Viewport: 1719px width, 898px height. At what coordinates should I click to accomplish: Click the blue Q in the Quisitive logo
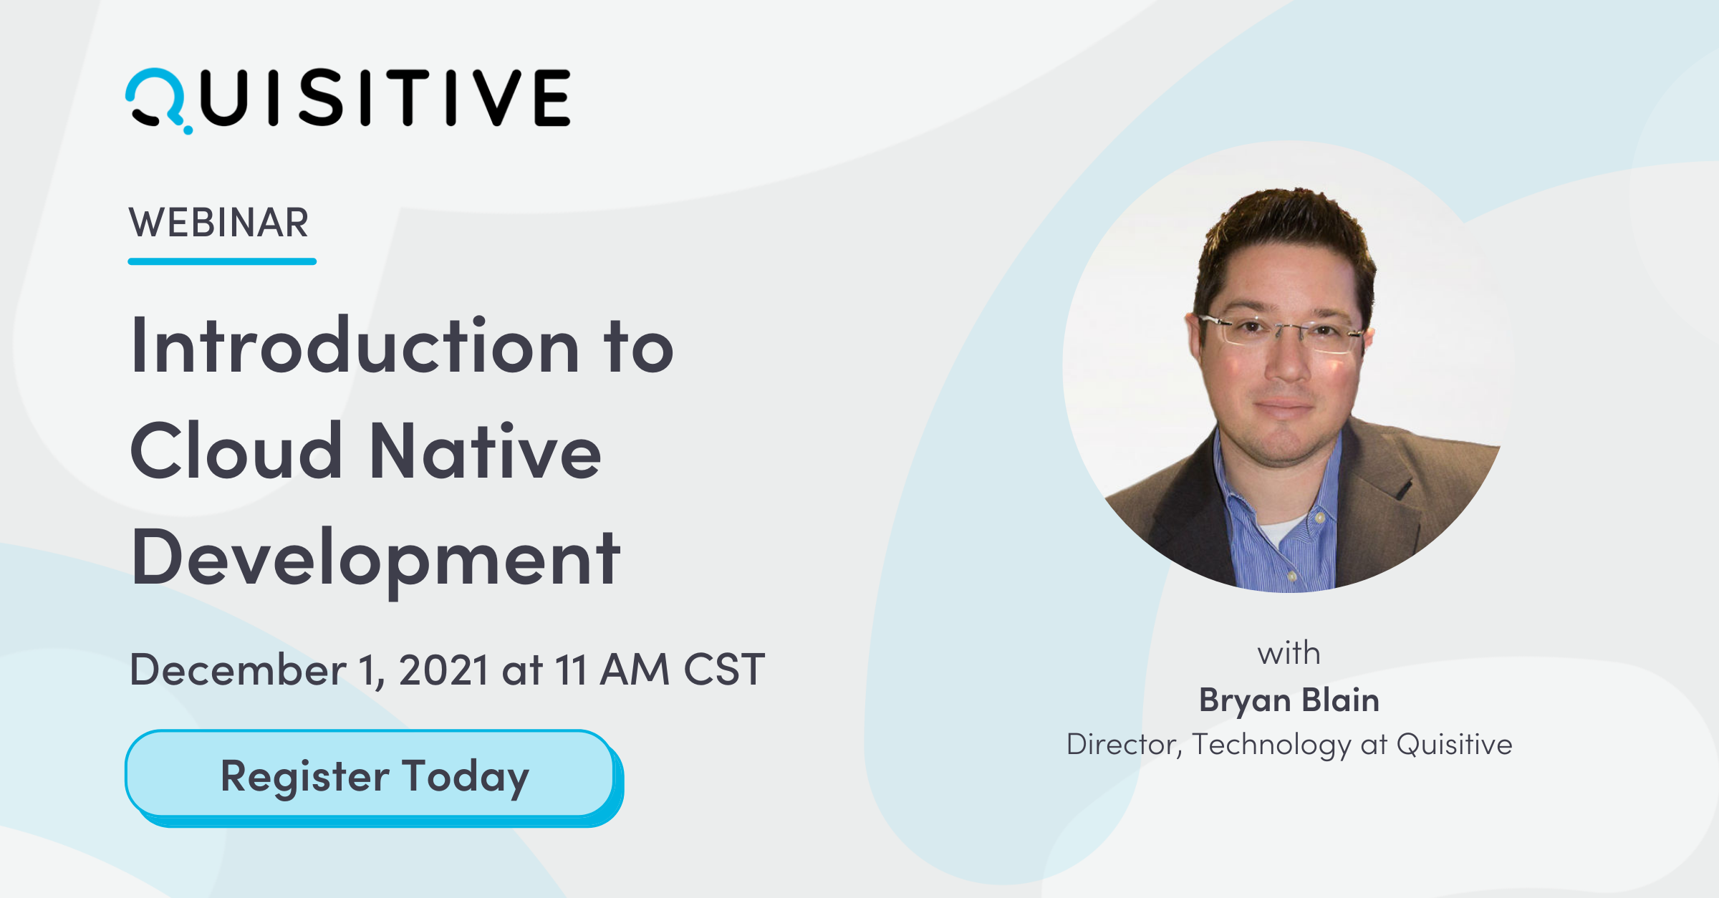tap(156, 99)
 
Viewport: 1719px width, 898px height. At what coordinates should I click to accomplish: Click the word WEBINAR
tap(218, 223)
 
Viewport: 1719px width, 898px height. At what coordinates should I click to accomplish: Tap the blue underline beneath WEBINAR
tap(222, 262)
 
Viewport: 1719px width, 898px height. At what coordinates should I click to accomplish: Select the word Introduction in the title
tap(355, 347)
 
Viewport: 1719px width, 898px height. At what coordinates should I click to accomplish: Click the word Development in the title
tap(375, 559)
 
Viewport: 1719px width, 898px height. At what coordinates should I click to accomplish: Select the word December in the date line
tap(238, 670)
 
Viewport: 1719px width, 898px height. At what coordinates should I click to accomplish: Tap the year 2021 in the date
tap(443, 670)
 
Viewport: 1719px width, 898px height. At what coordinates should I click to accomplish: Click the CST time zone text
tap(724, 670)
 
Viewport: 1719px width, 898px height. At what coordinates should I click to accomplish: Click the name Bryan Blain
tap(1289, 700)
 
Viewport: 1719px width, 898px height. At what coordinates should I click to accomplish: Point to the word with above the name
tap(1289, 654)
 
